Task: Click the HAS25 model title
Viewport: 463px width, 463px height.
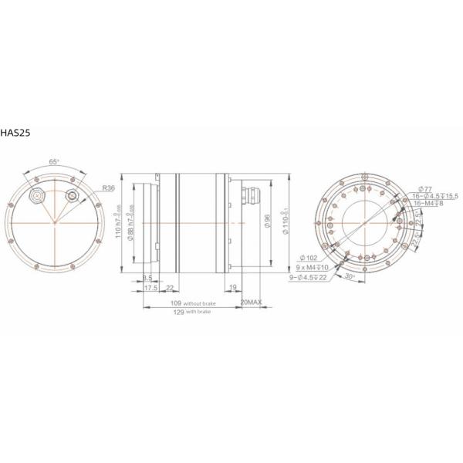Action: [16, 131]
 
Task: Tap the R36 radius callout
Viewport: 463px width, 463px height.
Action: [107, 187]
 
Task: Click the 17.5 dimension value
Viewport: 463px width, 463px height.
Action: [151, 288]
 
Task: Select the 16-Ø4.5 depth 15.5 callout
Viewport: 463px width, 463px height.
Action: [435, 196]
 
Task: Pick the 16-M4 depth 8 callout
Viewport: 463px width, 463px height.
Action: [429, 204]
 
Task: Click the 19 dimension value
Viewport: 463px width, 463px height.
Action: [233, 288]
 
